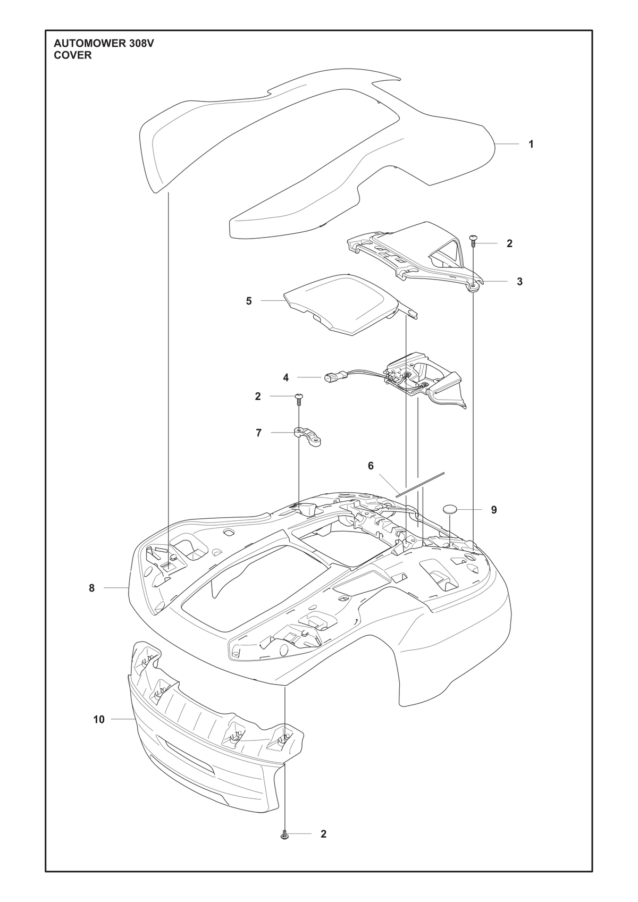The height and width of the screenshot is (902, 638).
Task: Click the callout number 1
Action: click(531, 144)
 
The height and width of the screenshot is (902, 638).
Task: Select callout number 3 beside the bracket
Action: click(519, 282)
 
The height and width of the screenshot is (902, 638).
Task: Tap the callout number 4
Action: click(286, 377)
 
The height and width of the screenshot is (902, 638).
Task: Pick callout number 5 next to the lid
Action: click(248, 301)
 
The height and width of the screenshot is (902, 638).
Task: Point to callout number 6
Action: click(371, 466)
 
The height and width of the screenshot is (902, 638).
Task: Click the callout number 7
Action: click(258, 433)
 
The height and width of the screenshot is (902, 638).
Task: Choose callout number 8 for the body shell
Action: click(92, 588)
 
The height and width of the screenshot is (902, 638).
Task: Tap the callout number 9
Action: click(494, 510)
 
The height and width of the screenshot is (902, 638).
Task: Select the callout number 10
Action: click(99, 719)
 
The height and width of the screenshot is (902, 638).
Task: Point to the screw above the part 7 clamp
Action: click(299, 399)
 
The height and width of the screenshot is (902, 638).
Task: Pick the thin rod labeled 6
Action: click(419, 485)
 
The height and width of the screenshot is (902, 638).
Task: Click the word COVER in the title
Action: click(72, 56)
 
